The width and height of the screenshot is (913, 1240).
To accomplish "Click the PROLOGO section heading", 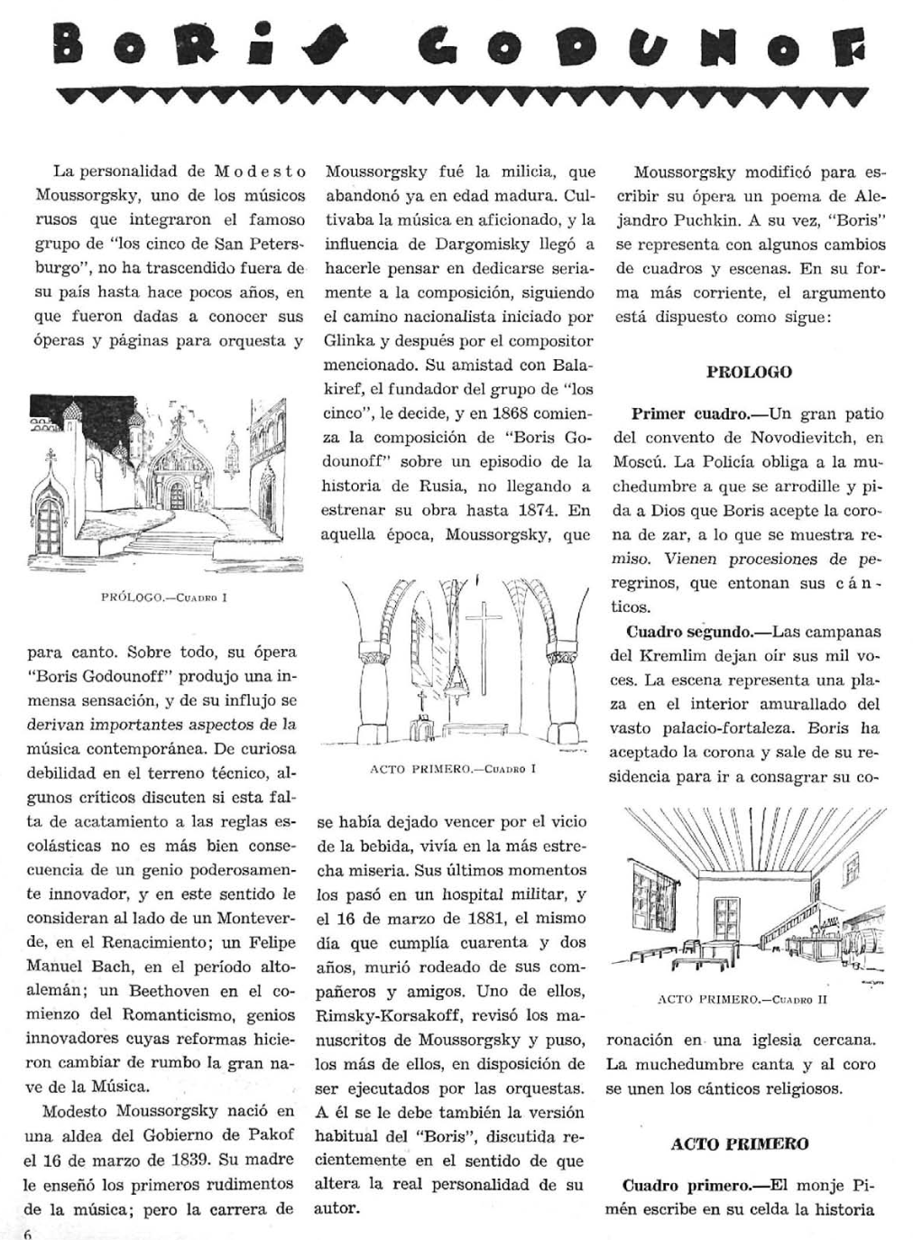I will tap(749, 372).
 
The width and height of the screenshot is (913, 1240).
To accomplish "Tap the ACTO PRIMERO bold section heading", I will tap(740, 1144).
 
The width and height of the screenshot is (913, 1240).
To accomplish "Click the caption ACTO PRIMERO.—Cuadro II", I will tap(742, 1000).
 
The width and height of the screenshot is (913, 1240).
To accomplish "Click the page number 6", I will tap(28, 1234).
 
